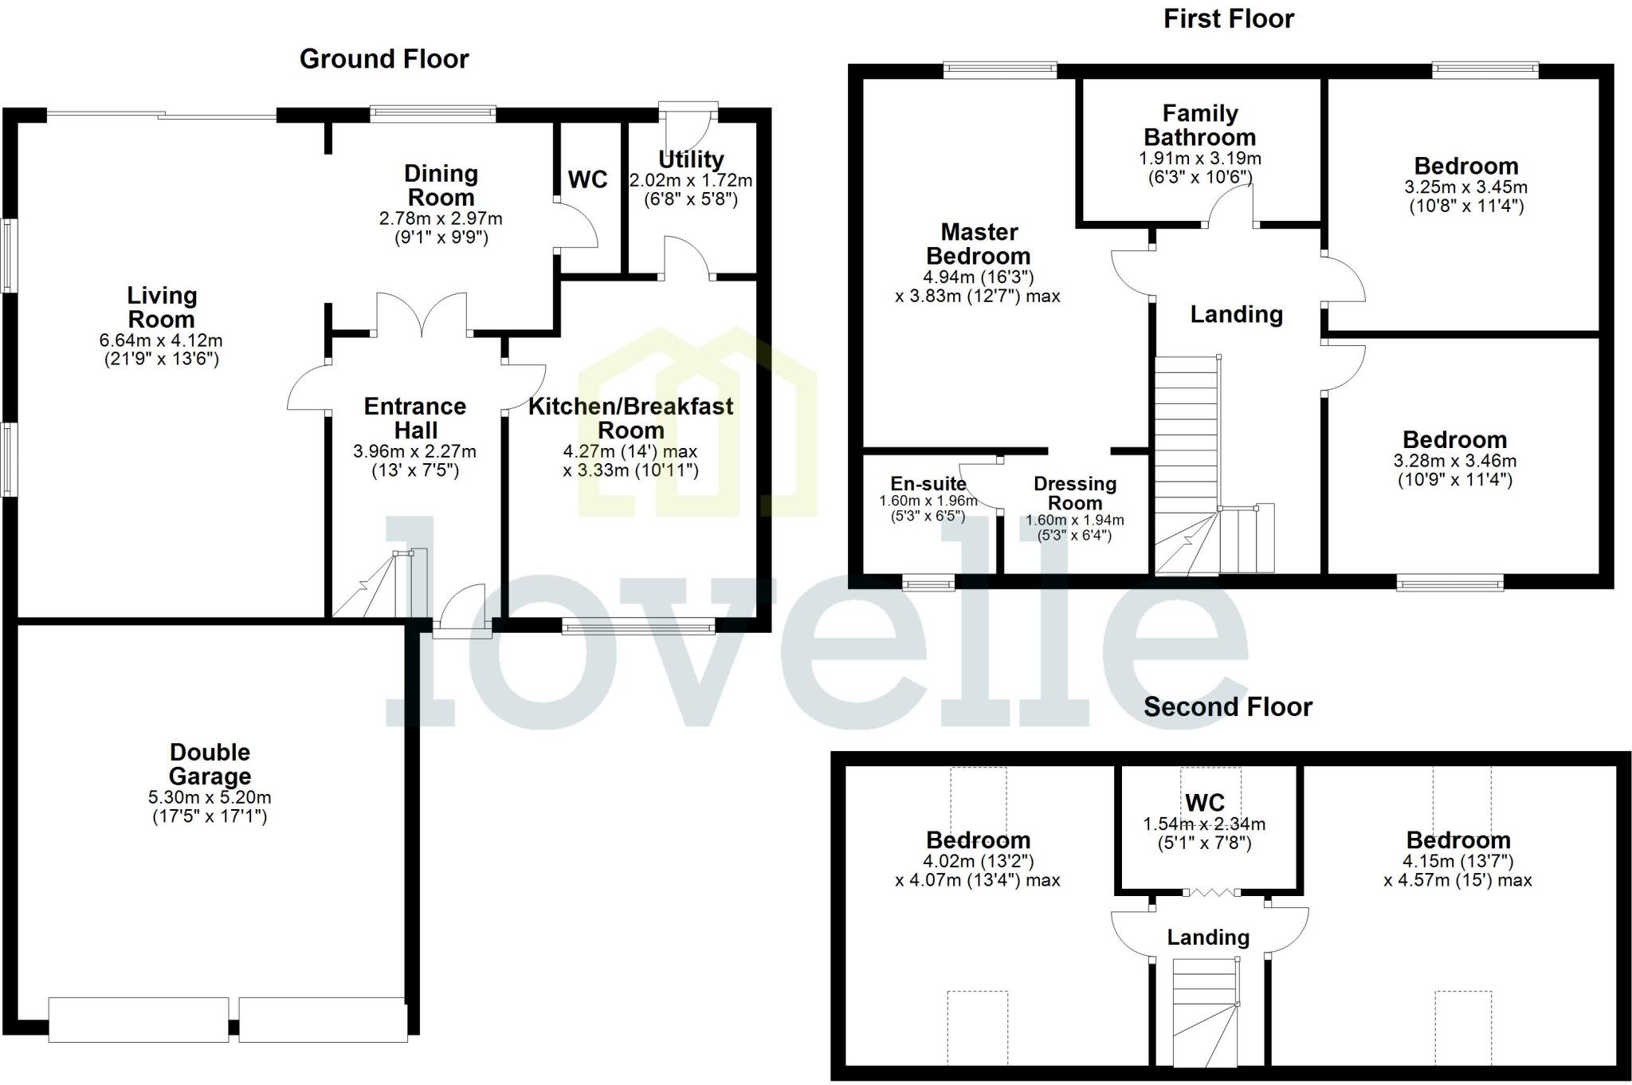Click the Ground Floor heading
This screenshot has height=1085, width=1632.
pos(384,59)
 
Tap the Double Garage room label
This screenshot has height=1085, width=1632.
pos(210,764)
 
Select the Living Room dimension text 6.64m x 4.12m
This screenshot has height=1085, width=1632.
pos(161,340)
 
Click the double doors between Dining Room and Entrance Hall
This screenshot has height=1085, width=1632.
pos(422,314)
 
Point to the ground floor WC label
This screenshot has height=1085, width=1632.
pos(588,180)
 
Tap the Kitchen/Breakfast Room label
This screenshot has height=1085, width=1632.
pos(631,418)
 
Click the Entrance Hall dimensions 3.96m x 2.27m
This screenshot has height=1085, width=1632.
pos(414,451)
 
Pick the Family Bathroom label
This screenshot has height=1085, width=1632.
pos(1200,125)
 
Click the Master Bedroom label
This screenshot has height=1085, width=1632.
pos(979,244)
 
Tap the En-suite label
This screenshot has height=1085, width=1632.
pos(928,484)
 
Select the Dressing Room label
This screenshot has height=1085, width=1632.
pos(1074,493)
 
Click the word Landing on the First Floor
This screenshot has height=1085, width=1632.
pos(1236,315)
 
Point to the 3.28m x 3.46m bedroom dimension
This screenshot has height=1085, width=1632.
pos(1454,461)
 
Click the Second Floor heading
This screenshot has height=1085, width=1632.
pos(1227,707)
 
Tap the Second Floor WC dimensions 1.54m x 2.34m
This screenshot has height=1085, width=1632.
pos(1204,824)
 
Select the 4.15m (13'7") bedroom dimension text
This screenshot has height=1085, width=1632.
pos(1457,861)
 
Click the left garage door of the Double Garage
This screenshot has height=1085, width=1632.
pos(139,1020)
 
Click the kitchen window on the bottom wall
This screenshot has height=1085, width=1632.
pos(638,629)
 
